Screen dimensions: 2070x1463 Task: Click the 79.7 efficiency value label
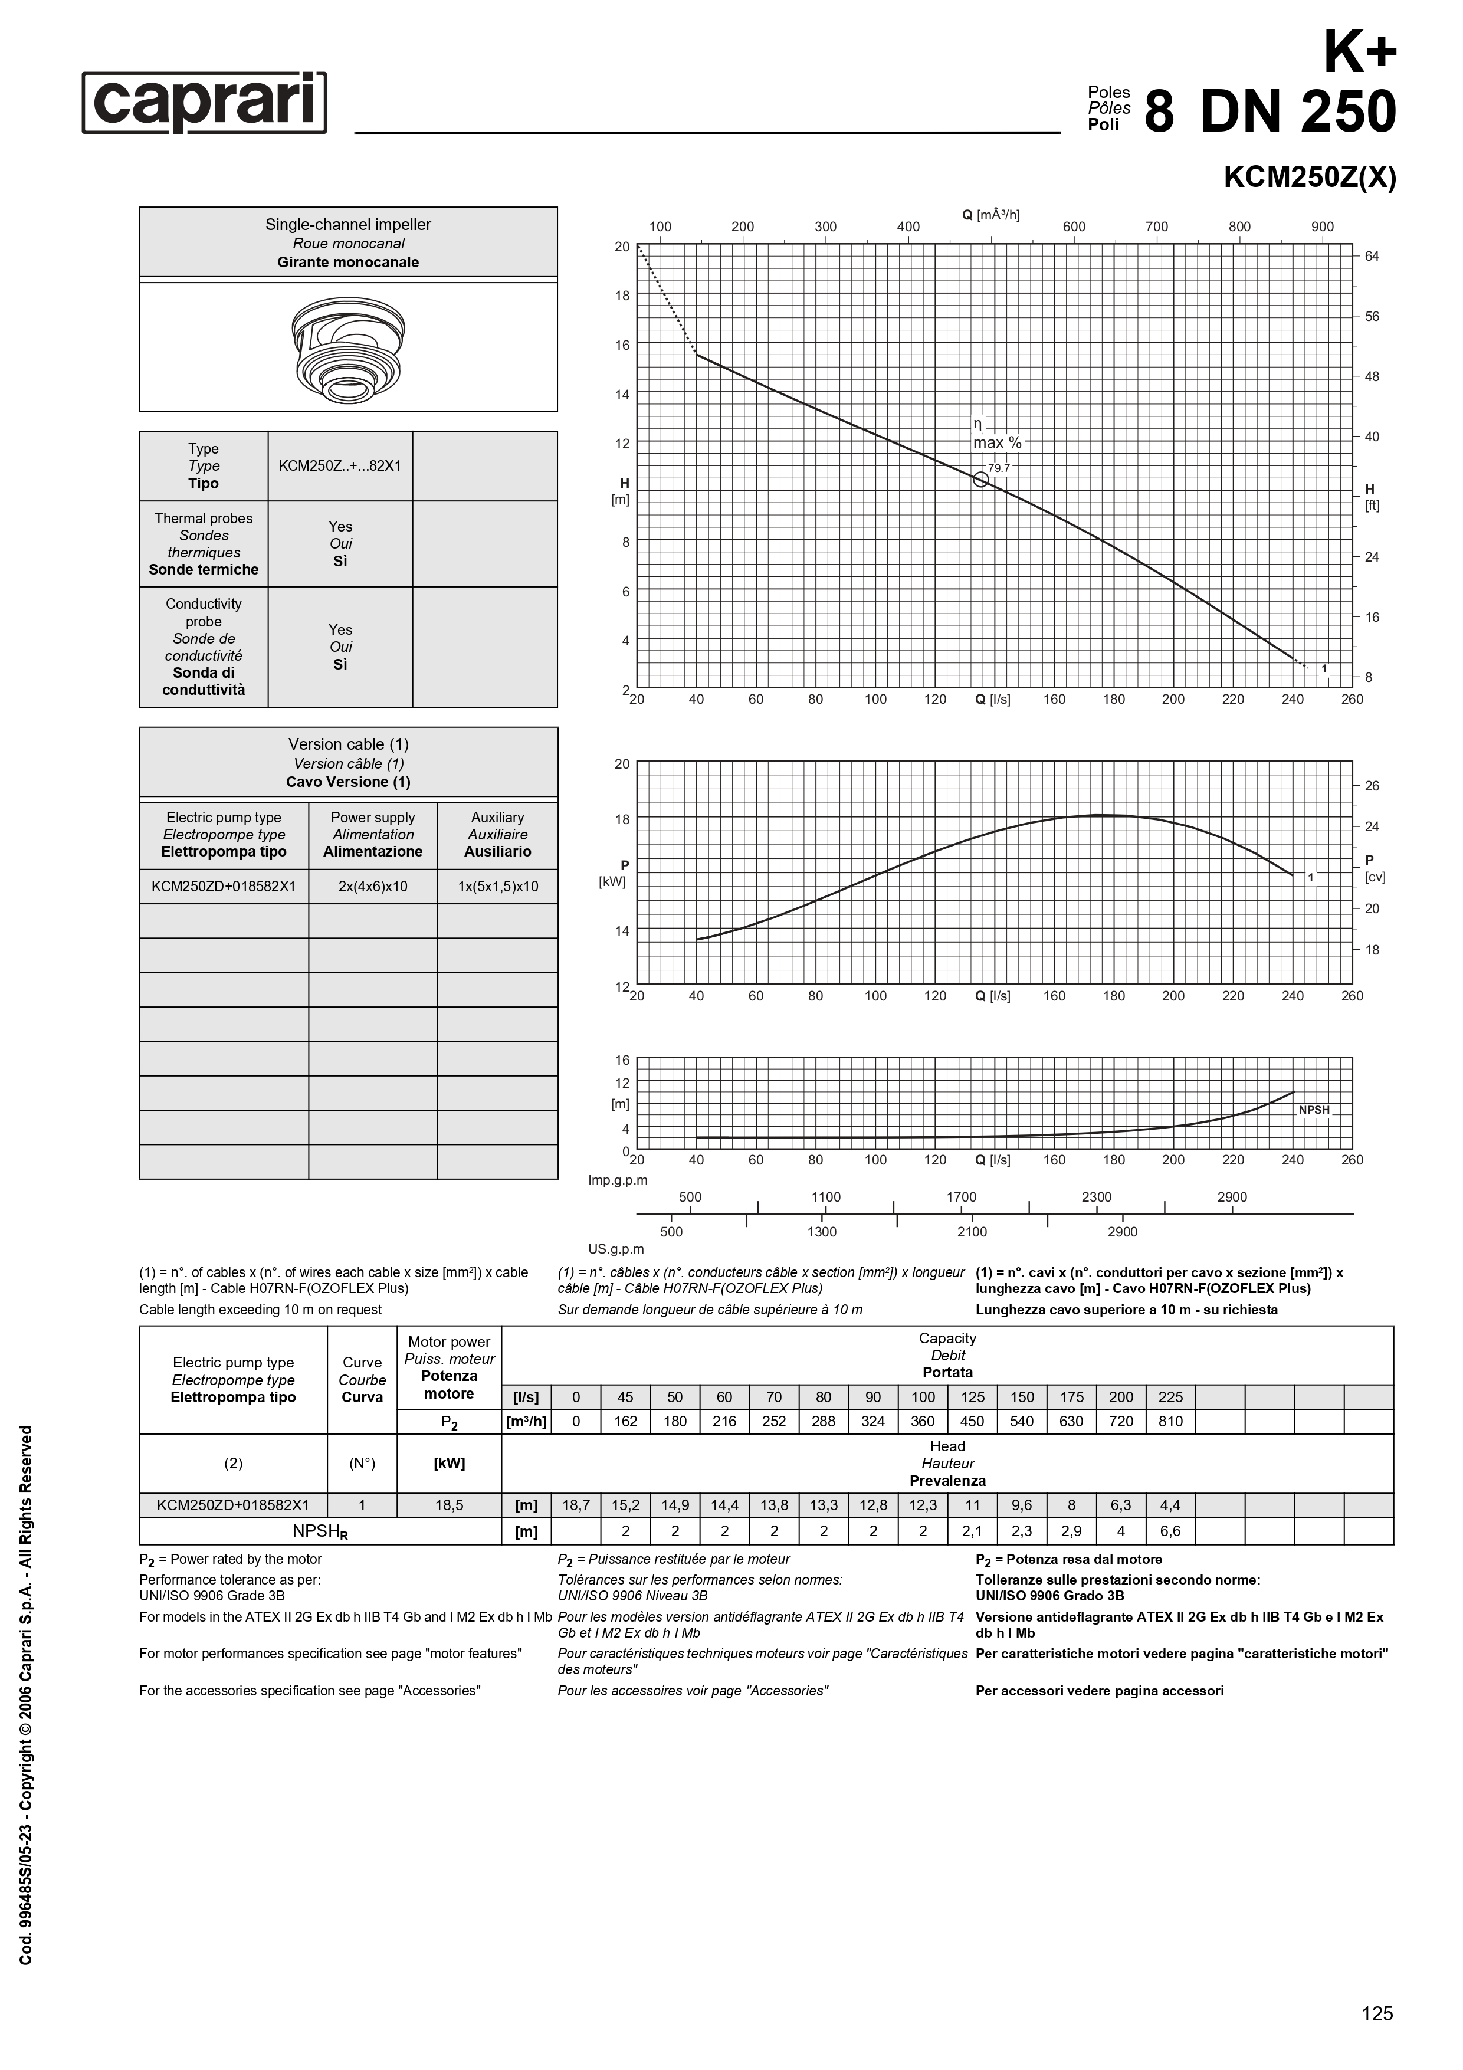(999, 468)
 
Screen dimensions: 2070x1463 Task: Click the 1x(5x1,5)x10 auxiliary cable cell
(497, 886)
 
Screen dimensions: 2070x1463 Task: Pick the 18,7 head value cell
(576, 1505)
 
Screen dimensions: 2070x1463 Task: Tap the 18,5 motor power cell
(449, 1505)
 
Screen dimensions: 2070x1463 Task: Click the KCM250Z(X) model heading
(1309, 178)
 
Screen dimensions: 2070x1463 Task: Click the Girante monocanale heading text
(348, 263)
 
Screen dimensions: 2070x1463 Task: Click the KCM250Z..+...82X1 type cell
(340, 466)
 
